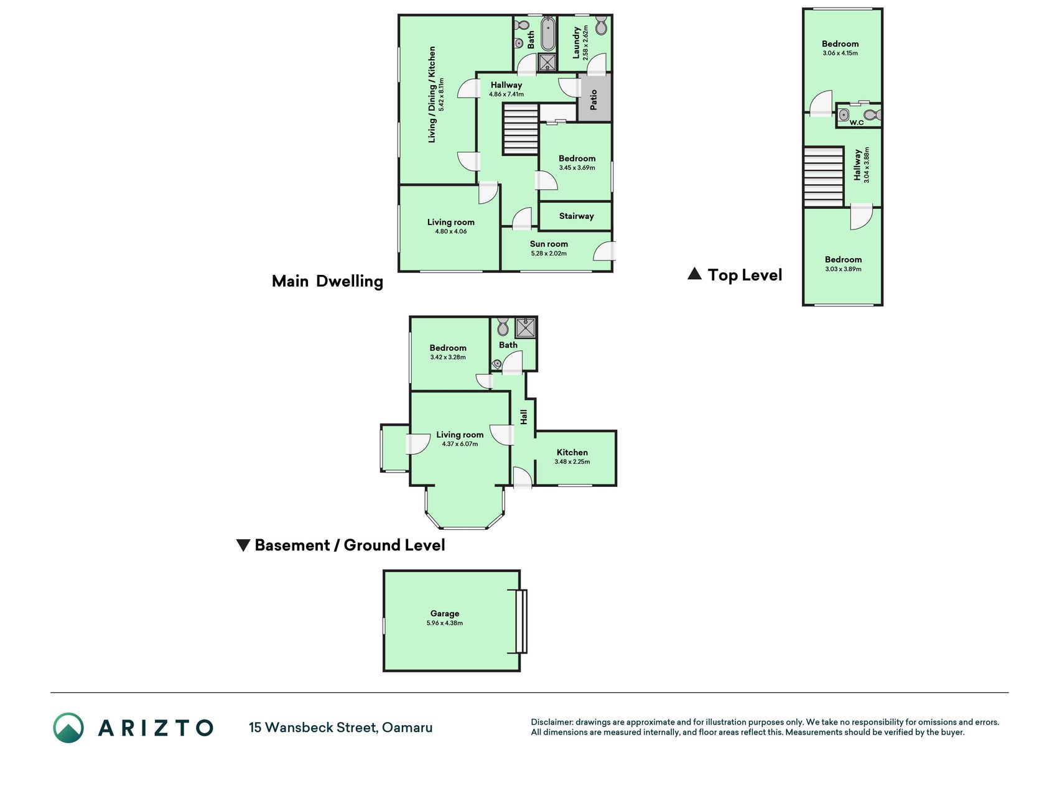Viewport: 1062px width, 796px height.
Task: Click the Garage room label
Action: pyautogui.click(x=444, y=613)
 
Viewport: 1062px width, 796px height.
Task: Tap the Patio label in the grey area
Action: pyautogui.click(x=594, y=99)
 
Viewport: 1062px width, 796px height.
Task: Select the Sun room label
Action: pyautogui.click(x=549, y=244)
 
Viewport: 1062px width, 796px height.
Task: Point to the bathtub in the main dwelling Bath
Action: pyautogui.click(x=547, y=35)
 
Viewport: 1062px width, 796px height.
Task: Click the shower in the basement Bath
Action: pyautogui.click(x=525, y=328)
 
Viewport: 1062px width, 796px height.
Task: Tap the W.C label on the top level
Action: pyautogui.click(x=857, y=123)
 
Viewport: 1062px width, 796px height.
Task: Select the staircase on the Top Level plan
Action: pyautogui.click(x=824, y=177)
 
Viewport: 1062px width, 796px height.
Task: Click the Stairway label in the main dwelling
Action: pyautogui.click(x=576, y=216)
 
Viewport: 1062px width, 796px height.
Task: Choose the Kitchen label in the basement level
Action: pyautogui.click(x=572, y=452)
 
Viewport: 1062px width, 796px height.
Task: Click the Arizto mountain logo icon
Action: pyautogui.click(x=68, y=728)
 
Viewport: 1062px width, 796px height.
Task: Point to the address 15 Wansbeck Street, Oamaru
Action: pyautogui.click(x=341, y=728)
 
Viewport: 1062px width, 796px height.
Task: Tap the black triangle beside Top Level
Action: pyautogui.click(x=694, y=274)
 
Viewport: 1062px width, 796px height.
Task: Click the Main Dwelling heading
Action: pyautogui.click(x=327, y=281)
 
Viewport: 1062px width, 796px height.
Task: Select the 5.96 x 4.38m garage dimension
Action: pyautogui.click(x=445, y=623)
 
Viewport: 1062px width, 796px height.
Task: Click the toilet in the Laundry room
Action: pyautogui.click(x=601, y=25)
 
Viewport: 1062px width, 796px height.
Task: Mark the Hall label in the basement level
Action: pyautogui.click(x=524, y=417)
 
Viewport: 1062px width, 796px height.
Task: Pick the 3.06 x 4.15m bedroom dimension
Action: pyautogui.click(x=840, y=53)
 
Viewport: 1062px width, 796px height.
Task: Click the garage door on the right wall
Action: pyautogui.click(x=521, y=621)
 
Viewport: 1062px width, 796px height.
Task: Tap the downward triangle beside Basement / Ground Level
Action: pyautogui.click(x=243, y=545)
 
